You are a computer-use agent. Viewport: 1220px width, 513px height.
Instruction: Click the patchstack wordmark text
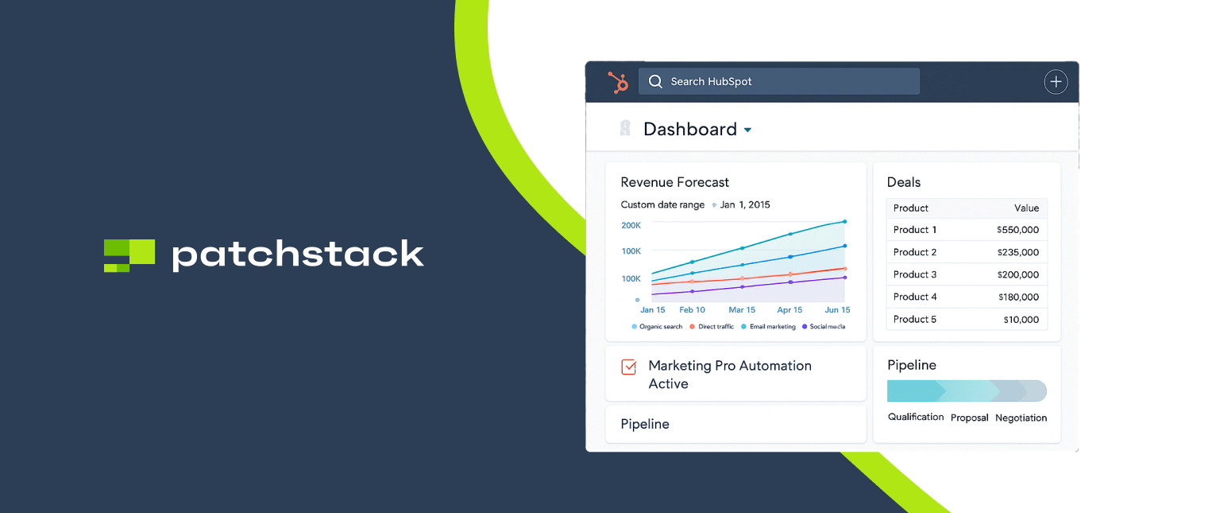point(298,255)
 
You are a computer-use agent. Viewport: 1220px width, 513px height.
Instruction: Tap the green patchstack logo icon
point(129,255)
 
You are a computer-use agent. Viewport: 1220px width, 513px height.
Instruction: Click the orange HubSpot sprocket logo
point(617,82)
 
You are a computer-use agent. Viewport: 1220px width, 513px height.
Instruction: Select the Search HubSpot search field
point(778,81)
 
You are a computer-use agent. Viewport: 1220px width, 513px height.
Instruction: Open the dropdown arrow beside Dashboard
point(747,130)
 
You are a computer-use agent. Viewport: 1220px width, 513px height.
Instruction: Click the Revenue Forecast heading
point(674,182)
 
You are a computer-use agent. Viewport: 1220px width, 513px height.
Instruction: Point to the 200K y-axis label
point(631,225)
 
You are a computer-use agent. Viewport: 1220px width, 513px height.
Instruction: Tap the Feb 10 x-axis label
point(692,309)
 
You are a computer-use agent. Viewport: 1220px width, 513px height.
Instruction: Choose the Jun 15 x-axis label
point(836,309)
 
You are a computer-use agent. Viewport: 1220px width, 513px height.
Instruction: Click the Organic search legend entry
point(658,327)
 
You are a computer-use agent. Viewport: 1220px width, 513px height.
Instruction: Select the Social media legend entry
point(824,327)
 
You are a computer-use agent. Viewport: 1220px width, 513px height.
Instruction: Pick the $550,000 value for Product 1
point(1017,230)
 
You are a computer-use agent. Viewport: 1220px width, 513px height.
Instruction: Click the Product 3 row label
point(914,274)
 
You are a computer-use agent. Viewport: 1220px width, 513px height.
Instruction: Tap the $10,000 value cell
point(1020,320)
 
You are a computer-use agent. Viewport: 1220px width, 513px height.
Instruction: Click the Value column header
point(1026,208)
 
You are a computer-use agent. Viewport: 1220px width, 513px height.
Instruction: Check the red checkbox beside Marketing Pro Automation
point(628,367)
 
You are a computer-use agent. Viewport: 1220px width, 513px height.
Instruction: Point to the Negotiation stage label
point(1021,418)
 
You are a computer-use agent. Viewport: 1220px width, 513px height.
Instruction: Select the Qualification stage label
point(916,417)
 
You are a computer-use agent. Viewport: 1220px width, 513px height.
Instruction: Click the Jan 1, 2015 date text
point(745,204)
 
